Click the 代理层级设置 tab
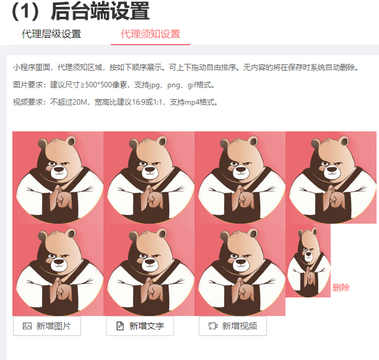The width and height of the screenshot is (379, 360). [x=51, y=34]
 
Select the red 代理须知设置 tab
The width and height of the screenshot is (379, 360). [x=150, y=34]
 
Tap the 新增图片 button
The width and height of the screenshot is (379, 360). [x=47, y=326]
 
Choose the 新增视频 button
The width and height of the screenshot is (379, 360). [x=233, y=326]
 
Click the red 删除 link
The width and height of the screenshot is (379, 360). [x=341, y=288]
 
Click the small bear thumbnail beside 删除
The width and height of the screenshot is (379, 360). [x=308, y=261]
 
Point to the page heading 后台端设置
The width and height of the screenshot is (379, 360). [x=100, y=11]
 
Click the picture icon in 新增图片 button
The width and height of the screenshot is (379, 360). [x=27, y=326]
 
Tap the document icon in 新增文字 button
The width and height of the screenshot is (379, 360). [x=120, y=326]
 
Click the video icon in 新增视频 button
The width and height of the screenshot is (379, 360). [x=213, y=326]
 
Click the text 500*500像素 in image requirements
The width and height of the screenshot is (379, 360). [x=106, y=85]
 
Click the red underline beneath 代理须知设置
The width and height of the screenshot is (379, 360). [x=150, y=45]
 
